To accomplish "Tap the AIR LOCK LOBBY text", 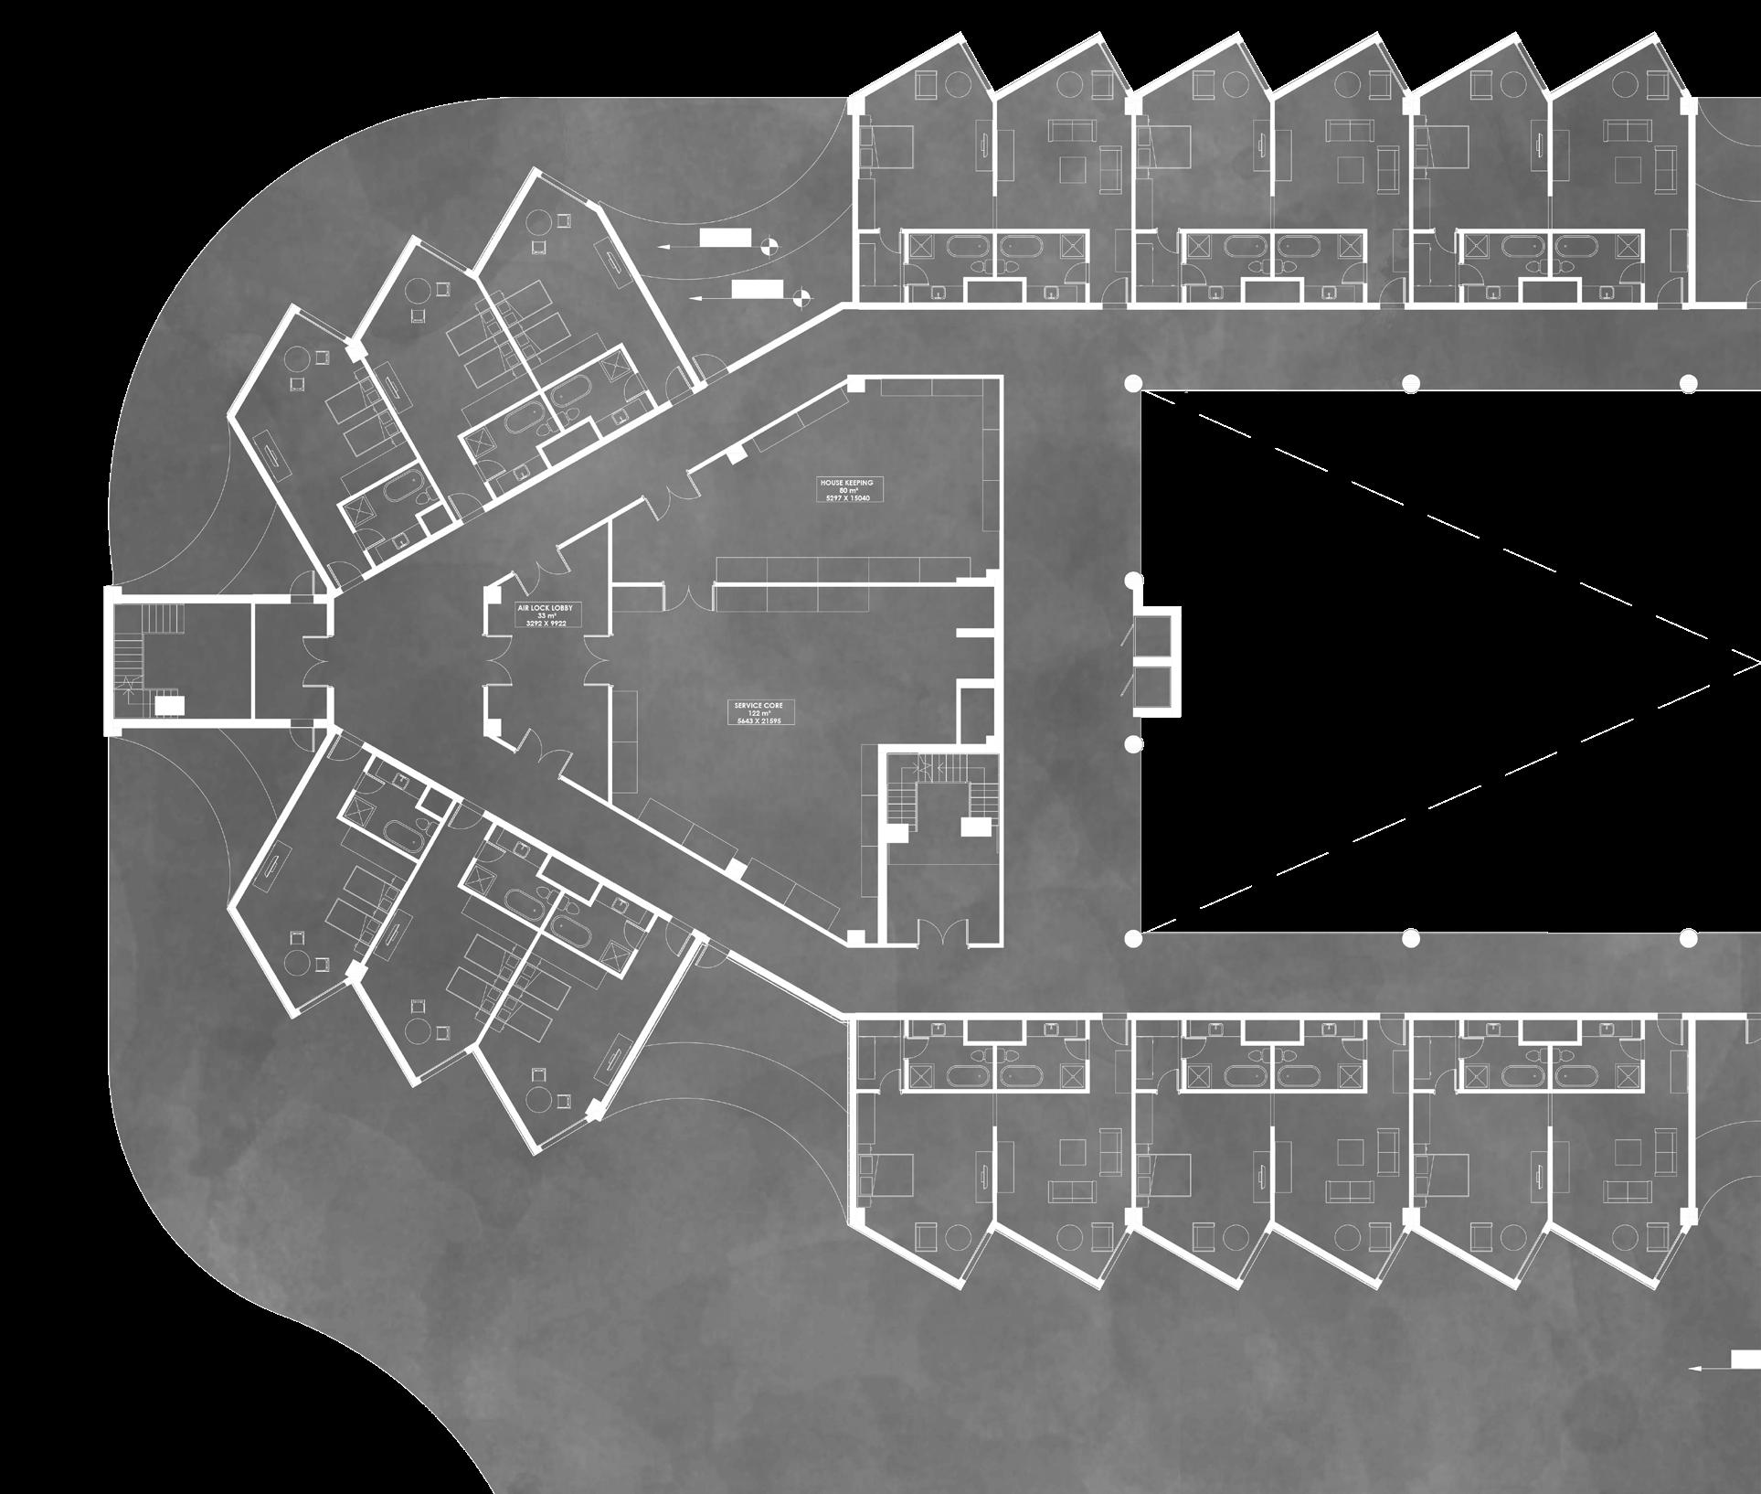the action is click(546, 606).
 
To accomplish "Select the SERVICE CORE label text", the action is click(758, 706).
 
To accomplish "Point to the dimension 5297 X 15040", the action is click(849, 499).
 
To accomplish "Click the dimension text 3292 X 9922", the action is click(546, 624).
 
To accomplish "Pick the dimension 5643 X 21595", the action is click(758, 722).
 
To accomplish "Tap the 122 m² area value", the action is click(758, 714).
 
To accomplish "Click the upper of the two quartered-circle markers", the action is click(768, 243).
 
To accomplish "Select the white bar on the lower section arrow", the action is click(752, 291).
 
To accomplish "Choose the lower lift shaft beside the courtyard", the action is click(1154, 690).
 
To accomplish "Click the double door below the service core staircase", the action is click(940, 934).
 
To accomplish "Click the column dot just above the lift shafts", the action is click(1133, 580).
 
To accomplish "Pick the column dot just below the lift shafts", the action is click(1133, 744).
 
